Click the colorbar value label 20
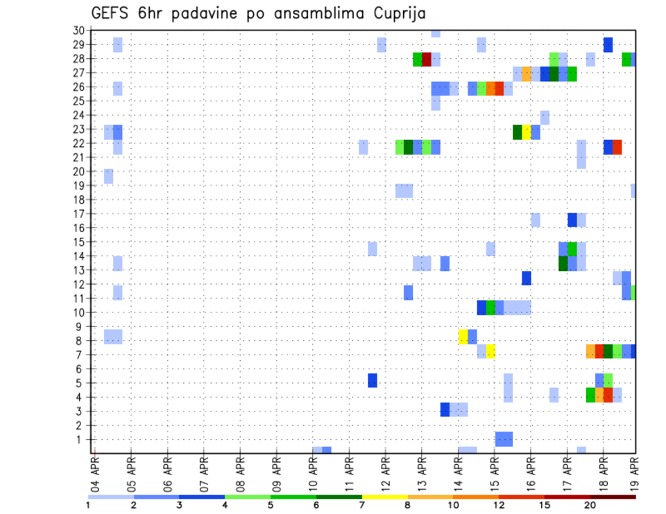pos(590,505)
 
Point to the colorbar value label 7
pos(362,505)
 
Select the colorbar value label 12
pos(499,505)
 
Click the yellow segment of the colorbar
pos(384,497)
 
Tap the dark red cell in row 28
pos(427,59)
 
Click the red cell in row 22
pos(617,147)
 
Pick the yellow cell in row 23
pos(527,132)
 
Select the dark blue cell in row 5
pos(373,380)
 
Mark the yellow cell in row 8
pos(463,337)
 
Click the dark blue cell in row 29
pos(608,44)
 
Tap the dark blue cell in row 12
pos(527,278)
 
